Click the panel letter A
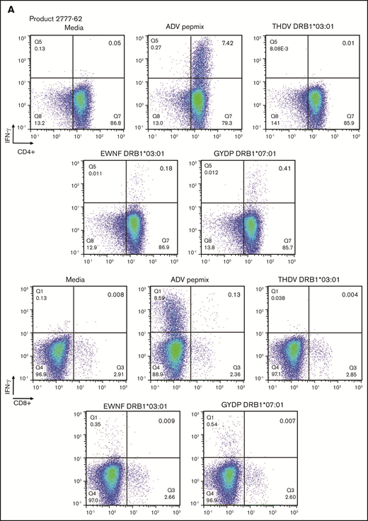(x=6, y=6)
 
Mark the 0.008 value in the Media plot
(x=115, y=294)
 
